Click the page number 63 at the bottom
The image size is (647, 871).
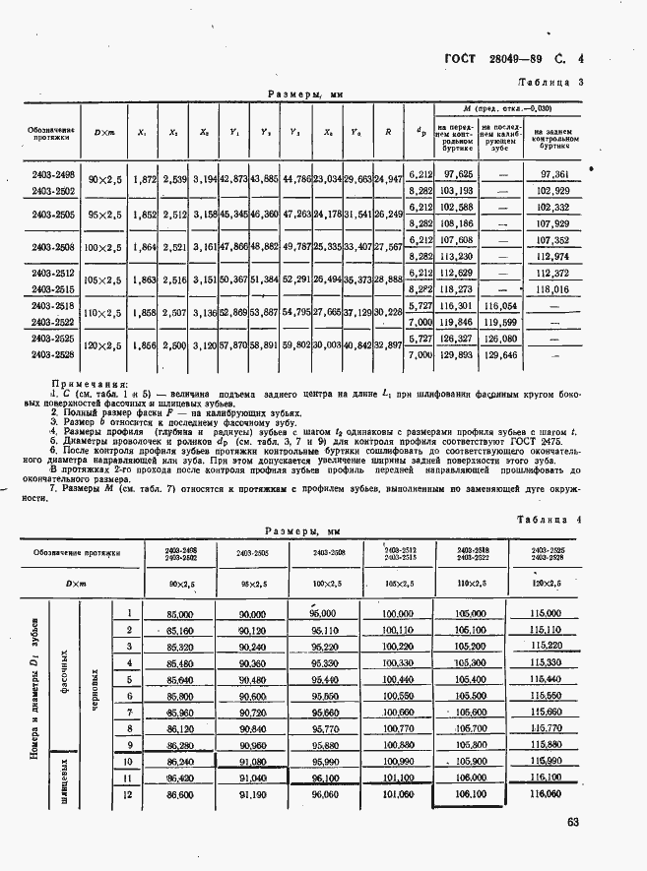572,823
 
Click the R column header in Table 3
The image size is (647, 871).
389,131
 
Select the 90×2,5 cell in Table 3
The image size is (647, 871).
103,180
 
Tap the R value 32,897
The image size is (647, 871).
389,344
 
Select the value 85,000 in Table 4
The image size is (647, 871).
180,613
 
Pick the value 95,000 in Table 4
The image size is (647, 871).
323,613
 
